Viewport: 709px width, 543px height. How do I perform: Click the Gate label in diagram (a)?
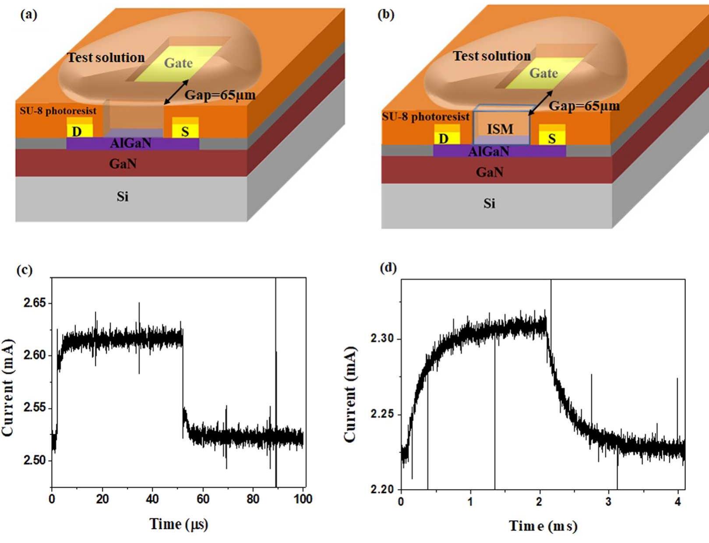[x=178, y=63]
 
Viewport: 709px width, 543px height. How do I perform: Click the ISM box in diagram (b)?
[x=501, y=129]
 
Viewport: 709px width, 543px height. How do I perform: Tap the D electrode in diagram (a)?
[x=78, y=131]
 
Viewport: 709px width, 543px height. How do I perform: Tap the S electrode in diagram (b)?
[x=552, y=138]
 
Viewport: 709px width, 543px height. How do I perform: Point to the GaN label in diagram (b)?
[x=490, y=172]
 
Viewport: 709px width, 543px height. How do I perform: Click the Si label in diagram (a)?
[x=123, y=196]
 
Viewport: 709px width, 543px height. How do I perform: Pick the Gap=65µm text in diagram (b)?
[x=584, y=106]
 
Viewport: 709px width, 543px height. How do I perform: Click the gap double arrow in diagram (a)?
[x=176, y=92]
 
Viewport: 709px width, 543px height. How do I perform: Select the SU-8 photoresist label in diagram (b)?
[x=425, y=117]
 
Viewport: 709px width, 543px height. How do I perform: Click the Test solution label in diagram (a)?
[x=106, y=57]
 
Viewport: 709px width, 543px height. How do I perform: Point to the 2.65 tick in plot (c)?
[x=35, y=303]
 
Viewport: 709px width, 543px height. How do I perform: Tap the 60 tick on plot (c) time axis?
[x=203, y=499]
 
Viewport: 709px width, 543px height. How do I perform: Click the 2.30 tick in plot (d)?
[x=382, y=339]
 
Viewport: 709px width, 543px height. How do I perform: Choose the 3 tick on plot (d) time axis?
[x=608, y=501]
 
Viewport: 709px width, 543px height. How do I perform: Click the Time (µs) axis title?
[x=179, y=524]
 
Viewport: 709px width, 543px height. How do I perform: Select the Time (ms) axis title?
[x=543, y=525]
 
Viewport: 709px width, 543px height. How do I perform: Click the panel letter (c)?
[x=25, y=270]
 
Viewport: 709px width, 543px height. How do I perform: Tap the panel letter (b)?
[x=385, y=14]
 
